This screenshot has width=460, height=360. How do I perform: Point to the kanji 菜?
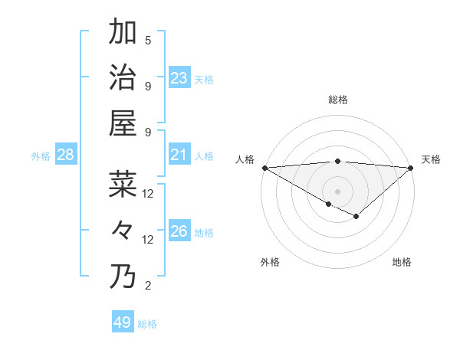click(123, 185)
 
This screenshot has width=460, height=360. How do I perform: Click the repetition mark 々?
click(123, 230)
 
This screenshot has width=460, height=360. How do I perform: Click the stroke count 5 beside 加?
click(148, 41)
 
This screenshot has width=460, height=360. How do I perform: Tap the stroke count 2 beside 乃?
click(148, 286)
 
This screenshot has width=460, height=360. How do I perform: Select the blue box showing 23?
click(179, 78)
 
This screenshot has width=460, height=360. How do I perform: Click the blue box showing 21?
click(179, 155)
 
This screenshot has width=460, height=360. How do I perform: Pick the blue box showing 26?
click(179, 231)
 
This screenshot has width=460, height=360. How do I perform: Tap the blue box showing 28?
click(66, 155)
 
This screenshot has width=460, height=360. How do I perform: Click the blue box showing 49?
click(123, 322)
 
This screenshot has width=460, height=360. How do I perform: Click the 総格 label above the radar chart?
click(337, 100)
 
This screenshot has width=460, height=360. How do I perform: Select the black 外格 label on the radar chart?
click(270, 262)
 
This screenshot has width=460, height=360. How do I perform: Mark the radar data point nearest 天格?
click(411, 168)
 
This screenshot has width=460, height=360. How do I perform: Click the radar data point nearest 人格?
click(264, 168)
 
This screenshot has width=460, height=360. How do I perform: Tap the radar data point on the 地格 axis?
click(356, 217)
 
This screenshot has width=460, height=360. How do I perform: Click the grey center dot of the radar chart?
click(337, 191)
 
